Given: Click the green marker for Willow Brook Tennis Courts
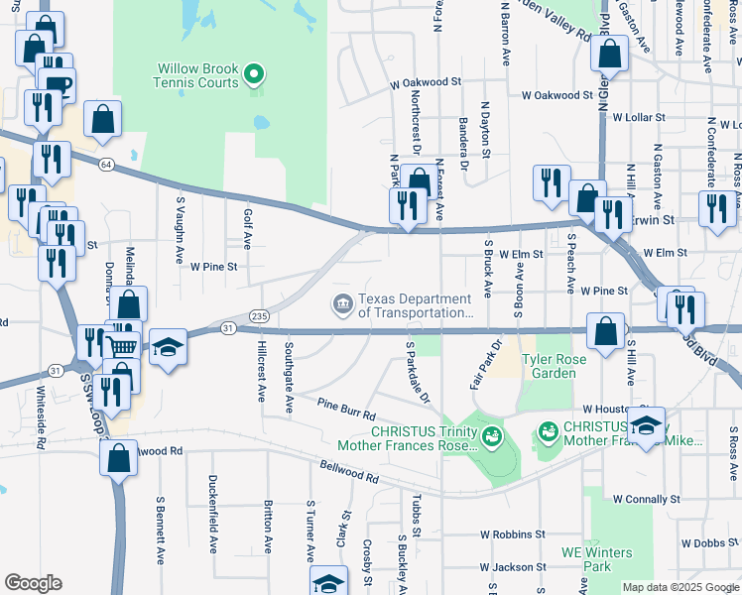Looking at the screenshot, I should pyautogui.click(x=254, y=74).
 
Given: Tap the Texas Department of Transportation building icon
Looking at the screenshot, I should pyautogui.click(x=342, y=304).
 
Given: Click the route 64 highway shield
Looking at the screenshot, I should pyautogui.click(x=106, y=164).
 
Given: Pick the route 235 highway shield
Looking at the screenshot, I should pyautogui.click(x=259, y=315).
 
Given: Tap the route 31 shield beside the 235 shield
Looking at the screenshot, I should pyautogui.click(x=228, y=327).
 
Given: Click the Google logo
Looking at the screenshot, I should pyautogui.click(x=33, y=583).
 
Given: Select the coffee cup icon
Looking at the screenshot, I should pyautogui.click(x=59, y=83).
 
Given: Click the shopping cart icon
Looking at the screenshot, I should pyautogui.click(x=122, y=345).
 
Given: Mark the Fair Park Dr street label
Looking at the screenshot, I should pyautogui.click(x=483, y=367).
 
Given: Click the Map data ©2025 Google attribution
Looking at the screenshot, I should pyautogui.click(x=680, y=587).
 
